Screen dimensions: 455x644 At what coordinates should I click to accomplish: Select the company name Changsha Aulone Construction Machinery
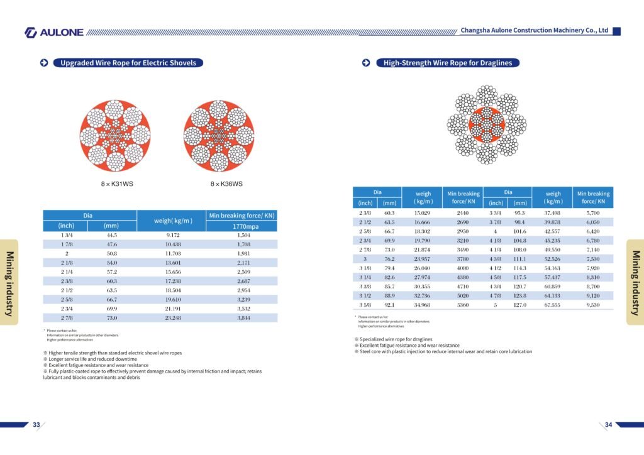click(534, 30)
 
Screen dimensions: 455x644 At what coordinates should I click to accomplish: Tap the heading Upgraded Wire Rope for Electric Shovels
click(128, 63)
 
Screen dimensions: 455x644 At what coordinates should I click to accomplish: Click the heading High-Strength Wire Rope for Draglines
click(448, 63)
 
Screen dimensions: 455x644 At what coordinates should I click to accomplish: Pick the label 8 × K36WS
click(226, 184)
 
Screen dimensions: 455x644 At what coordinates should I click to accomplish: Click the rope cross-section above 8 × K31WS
click(115, 135)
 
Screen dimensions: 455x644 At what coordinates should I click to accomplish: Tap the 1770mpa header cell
click(241, 226)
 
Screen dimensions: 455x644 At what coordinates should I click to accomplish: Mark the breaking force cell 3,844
click(243, 318)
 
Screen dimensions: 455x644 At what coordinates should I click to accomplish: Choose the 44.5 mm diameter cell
click(112, 235)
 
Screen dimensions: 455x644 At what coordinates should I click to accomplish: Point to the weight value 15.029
click(422, 214)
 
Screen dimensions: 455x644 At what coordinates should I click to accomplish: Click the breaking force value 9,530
click(593, 305)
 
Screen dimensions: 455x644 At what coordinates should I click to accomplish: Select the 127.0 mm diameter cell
click(519, 305)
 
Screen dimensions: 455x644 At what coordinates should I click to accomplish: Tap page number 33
click(36, 425)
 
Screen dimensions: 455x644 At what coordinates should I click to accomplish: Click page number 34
click(608, 425)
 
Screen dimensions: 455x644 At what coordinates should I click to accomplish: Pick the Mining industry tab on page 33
click(10, 282)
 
